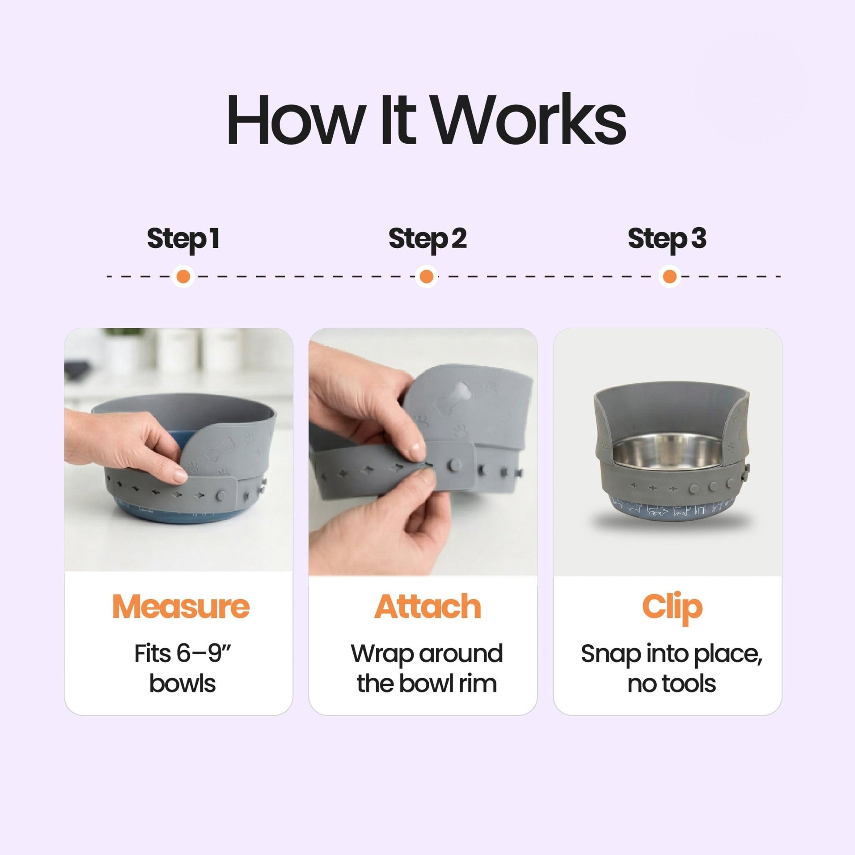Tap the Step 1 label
183,239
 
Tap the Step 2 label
427,239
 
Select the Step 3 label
667,239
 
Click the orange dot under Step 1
183,277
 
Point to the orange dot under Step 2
426,277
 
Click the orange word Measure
181,607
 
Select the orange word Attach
427,607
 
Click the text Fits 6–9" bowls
182,668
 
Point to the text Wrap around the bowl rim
427,668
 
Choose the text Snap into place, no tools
671,668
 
